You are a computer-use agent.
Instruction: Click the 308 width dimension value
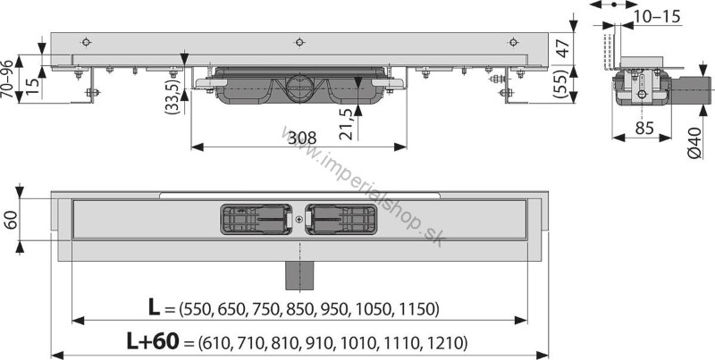(306, 138)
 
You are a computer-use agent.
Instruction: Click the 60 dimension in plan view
(10, 220)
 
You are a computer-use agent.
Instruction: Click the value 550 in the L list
(198, 310)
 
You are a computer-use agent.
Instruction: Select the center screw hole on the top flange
(299, 41)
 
